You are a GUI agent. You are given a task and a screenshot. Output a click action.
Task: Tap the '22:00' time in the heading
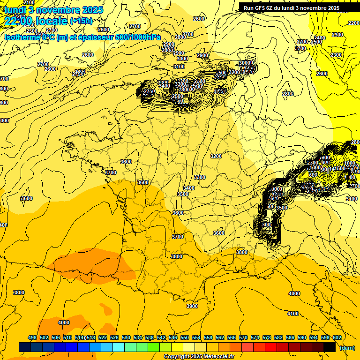coord(18,21)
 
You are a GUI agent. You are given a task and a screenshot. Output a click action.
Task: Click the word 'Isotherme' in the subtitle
coord(22,37)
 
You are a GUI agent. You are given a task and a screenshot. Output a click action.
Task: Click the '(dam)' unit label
coord(347,347)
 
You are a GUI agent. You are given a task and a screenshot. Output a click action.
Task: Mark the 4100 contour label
coord(292,314)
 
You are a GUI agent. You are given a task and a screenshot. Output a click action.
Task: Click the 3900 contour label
coord(192,306)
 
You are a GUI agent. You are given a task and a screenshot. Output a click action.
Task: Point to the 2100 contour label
coord(29,3)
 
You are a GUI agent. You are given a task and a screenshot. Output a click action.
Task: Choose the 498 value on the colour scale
coord(32,337)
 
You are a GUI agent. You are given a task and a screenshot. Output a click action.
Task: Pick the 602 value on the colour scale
coord(337,337)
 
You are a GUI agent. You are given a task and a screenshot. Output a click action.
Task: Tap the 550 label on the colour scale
coord(185,337)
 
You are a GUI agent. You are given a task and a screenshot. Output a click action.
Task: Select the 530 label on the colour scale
coord(126,337)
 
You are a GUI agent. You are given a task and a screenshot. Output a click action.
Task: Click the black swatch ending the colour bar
coord(330,347)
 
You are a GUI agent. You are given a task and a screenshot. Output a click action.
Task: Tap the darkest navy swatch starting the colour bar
coord(25,347)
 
